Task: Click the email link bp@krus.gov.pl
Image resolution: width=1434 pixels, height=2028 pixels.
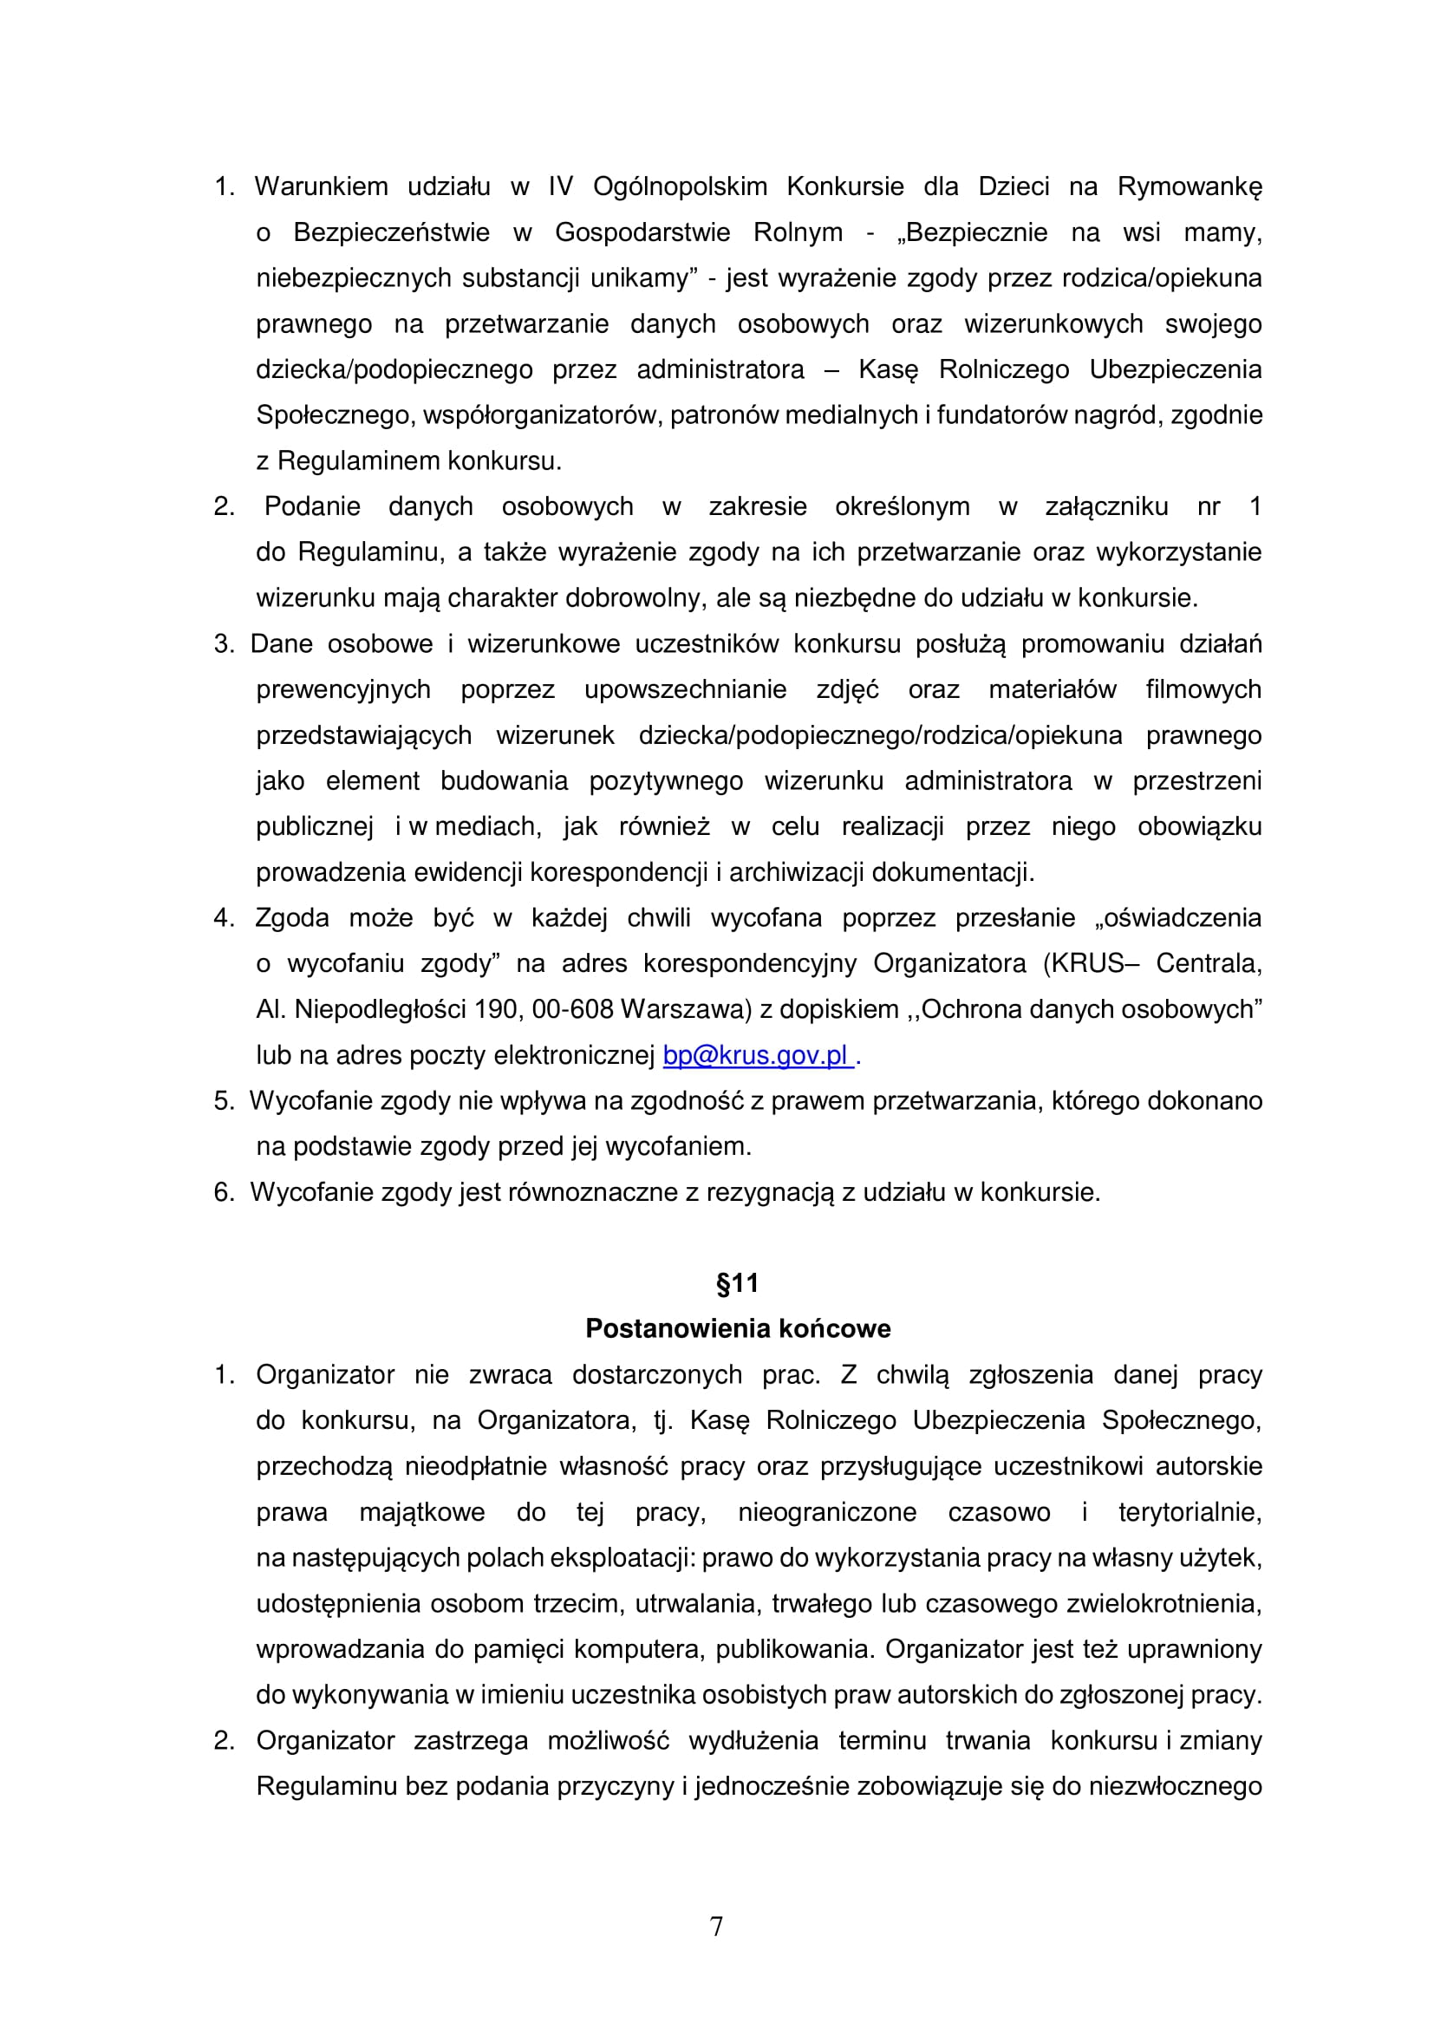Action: point(757,1055)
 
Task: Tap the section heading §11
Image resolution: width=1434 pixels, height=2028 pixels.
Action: point(737,1283)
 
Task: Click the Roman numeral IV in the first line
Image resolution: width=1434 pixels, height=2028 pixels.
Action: point(561,186)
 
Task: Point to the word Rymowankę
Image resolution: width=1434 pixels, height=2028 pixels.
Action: point(1190,186)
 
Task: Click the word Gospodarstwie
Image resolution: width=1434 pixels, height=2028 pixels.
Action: point(642,232)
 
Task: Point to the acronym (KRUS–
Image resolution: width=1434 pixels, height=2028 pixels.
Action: point(1087,963)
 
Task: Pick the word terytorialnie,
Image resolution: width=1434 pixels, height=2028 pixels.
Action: point(1190,1512)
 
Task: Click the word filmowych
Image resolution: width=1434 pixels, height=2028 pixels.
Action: point(1203,690)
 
